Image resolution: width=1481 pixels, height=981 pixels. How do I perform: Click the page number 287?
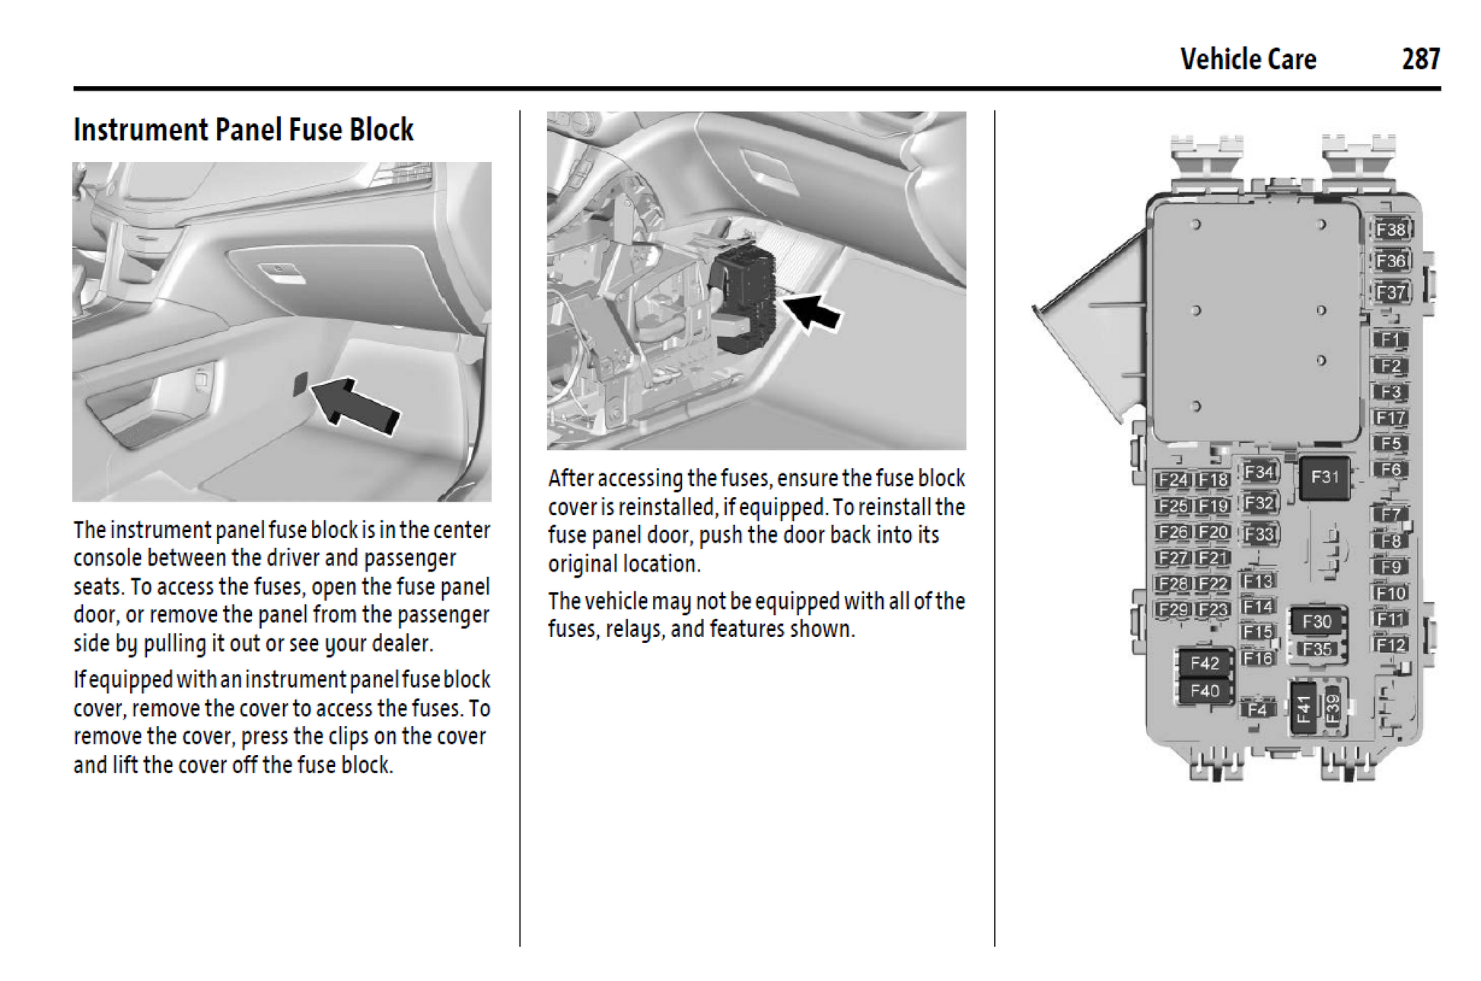tap(1420, 59)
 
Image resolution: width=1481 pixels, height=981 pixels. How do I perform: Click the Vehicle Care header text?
tap(1247, 59)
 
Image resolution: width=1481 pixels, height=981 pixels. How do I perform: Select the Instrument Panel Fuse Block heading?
tap(244, 130)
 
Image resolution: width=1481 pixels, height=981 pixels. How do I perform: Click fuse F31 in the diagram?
tap(1324, 477)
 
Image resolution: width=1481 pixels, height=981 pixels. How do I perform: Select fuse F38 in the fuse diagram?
tap(1390, 230)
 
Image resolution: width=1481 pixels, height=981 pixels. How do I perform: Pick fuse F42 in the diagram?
tap(1204, 664)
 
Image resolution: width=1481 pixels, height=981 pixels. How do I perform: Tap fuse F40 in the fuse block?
tap(1204, 691)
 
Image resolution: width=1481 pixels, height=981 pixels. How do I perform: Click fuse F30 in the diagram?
tap(1317, 622)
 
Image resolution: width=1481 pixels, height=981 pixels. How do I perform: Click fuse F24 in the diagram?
tap(1173, 480)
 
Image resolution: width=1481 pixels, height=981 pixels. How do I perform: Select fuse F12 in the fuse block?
tap(1390, 645)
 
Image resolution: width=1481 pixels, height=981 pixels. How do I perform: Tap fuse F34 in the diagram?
tap(1260, 473)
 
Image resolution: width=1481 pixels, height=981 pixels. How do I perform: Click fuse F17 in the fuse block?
tap(1390, 418)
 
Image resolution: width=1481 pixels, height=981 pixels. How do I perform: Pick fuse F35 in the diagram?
tap(1317, 649)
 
